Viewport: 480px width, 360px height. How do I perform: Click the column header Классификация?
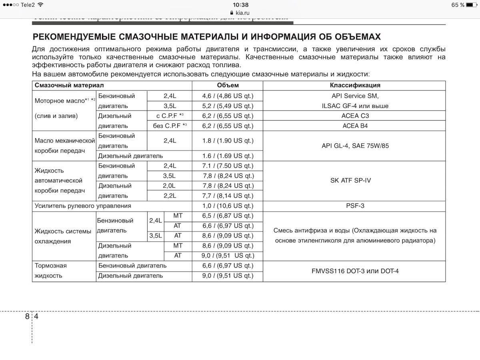pyautogui.click(x=354, y=85)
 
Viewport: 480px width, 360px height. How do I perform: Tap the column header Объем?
pyautogui.click(x=228, y=85)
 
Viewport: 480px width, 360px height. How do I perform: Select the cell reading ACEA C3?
pyautogui.click(x=354, y=116)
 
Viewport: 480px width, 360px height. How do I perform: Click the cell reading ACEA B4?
pyautogui.click(x=354, y=126)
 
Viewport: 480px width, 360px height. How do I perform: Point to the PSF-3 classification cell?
pyautogui.click(x=354, y=206)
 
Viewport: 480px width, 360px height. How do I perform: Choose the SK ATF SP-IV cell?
pyautogui.click(x=354, y=180)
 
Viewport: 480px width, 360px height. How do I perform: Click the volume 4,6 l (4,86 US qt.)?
pyautogui.click(x=228, y=96)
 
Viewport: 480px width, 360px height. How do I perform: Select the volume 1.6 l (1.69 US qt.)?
pyautogui.click(x=228, y=156)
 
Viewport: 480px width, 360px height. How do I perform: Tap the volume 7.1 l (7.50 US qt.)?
pyautogui.click(x=228, y=166)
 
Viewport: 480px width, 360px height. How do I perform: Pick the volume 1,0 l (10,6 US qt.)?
pyautogui.click(x=228, y=206)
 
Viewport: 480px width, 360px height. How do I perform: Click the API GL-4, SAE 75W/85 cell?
pyautogui.click(x=354, y=146)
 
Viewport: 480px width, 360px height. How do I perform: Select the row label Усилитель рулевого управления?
pyautogui.click(x=83, y=206)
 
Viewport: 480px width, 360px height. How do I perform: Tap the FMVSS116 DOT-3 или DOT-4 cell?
pyautogui.click(x=354, y=271)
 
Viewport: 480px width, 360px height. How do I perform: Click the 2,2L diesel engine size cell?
pyautogui.click(x=170, y=196)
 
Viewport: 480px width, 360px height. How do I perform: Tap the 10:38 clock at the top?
pyautogui.click(x=240, y=5)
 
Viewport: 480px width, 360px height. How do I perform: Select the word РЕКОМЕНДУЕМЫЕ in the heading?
pyautogui.click(x=76, y=37)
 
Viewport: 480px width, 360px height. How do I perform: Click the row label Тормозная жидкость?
pyautogui.click(x=51, y=271)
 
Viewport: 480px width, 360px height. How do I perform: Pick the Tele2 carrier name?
pyautogui.click(x=28, y=5)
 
